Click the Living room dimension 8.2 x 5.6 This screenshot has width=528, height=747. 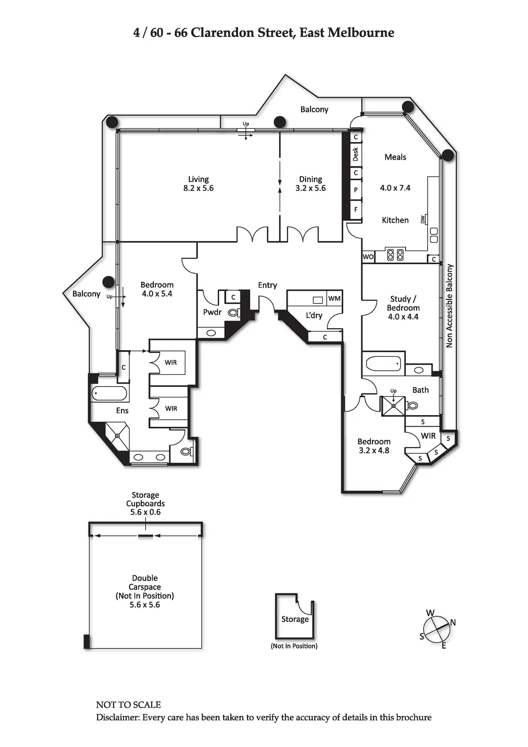pyautogui.click(x=198, y=188)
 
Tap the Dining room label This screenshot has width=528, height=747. pyautogui.click(x=310, y=179)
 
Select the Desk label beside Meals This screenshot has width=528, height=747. pyautogui.click(x=356, y=155)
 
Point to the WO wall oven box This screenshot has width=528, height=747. pyautogui.click(x=368, y=257)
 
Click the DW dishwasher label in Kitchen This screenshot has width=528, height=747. pyautogui.click(x=423, y=219)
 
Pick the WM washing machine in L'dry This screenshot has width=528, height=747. pyautogui.click(x=334, y=298)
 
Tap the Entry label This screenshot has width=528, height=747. pyautogui.click(x=268, y=285)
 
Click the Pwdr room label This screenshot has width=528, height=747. pyautogui.click(x=212, y=312)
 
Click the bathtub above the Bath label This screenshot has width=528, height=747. pyautogui.click(x=384, y=364)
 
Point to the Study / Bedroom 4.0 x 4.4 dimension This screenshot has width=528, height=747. pyautogui.click(x=403, y=317)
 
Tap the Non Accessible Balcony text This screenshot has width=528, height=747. pyautogui.click(x=450, y=306)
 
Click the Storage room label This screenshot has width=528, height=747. pyautogui.click(x=295, y=619)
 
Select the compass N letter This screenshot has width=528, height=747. pyautogui.click(x=453, y=622)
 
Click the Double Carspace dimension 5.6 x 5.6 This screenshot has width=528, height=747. pyautogui.click(x=145, y=605)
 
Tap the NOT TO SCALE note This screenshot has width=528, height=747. pyautogui.click(x=128, y=705)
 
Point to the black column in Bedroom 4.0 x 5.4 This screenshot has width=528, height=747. pyautogui.click(x=109, y=282)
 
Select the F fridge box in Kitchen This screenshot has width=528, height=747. pyautogui.click(x=356, y=210)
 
